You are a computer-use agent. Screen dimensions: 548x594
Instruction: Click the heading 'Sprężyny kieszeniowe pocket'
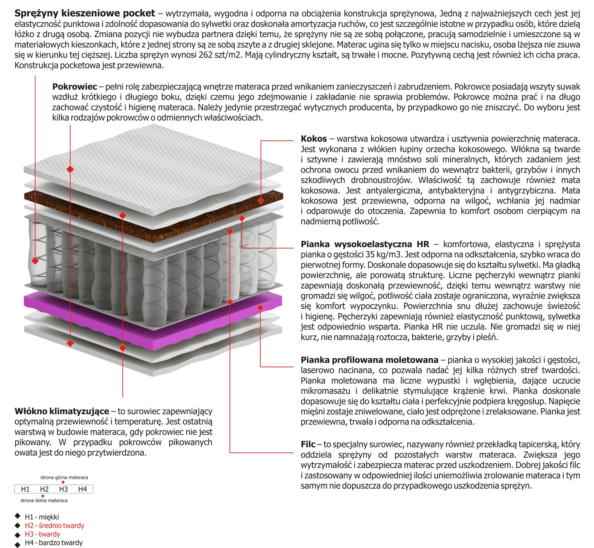85,13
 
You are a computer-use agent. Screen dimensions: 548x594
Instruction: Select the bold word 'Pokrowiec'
74,87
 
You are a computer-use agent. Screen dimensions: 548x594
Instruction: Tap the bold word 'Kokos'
314,139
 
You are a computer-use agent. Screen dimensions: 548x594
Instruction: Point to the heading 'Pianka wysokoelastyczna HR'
364,244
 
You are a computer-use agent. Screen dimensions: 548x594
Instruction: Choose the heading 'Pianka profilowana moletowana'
369,360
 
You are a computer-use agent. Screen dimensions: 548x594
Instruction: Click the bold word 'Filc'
308,444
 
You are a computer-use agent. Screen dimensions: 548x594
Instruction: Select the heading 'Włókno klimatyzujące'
62,411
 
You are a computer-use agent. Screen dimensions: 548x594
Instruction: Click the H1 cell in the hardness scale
25,489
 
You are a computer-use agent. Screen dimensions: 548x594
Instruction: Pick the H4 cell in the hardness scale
82,489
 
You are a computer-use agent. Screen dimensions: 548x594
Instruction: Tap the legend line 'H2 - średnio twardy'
55,525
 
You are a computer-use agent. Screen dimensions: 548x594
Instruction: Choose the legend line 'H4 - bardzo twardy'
54,543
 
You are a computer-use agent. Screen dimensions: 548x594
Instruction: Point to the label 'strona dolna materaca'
44,500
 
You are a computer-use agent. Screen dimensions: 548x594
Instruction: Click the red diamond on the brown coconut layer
261,201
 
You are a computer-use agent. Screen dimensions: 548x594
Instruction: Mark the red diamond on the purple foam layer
260,308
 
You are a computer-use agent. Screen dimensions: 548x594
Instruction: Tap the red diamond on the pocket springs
35,261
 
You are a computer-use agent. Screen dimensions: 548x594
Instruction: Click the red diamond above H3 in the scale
63,482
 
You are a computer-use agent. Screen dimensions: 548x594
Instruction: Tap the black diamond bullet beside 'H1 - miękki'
18,516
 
